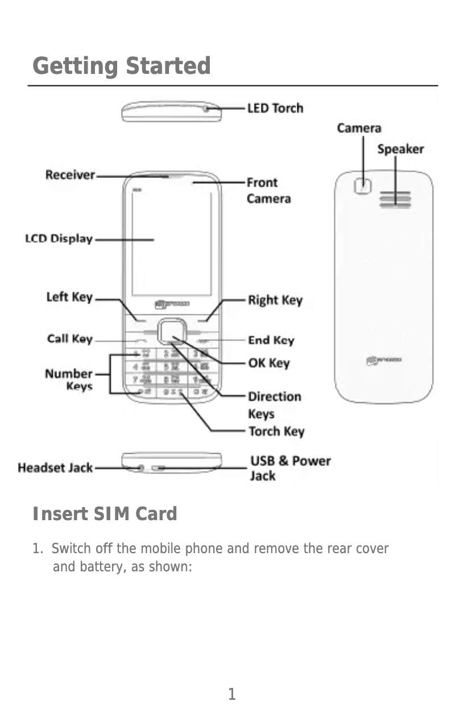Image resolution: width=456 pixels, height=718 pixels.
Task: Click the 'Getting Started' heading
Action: [122, 66]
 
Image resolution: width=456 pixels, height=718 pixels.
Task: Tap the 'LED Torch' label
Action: [275, 108]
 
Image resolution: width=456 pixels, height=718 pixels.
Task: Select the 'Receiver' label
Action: [70, 175]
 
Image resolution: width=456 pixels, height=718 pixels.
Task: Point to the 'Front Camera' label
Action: [268, 190]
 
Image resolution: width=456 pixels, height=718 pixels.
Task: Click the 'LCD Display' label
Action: [59, 239]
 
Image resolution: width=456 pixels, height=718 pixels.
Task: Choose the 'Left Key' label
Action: [69, 297]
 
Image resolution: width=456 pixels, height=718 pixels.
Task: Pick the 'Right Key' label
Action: [275, 300]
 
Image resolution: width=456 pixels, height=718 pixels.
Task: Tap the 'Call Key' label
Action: [69, 339]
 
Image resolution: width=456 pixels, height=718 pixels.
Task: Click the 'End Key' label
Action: [271, 340]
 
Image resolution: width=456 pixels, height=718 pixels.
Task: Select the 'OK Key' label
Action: [269, 363]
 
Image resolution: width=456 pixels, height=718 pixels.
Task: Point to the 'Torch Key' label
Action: [276, 431]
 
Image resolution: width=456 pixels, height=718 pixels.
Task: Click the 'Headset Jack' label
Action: [55, 468]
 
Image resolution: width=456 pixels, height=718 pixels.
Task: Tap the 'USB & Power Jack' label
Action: [290, 468]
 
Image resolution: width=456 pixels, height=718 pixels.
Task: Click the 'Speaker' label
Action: [401, 149]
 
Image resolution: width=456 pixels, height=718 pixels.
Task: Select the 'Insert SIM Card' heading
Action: [105, 514]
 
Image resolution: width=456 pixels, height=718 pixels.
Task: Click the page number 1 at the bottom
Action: [231, 694]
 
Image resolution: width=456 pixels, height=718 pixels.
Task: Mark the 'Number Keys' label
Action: [69, 380]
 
